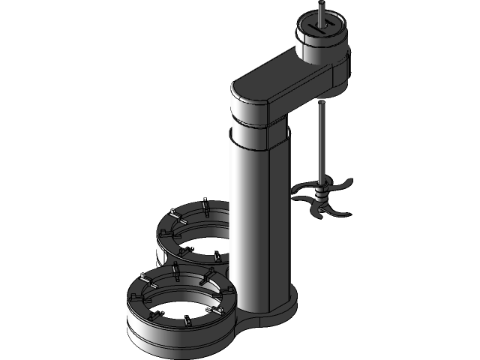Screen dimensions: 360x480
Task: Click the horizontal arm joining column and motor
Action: (x=285, y=82)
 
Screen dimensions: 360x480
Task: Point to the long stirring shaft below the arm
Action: (x=321, y=142)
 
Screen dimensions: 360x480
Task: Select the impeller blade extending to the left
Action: (x=301, y=187)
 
